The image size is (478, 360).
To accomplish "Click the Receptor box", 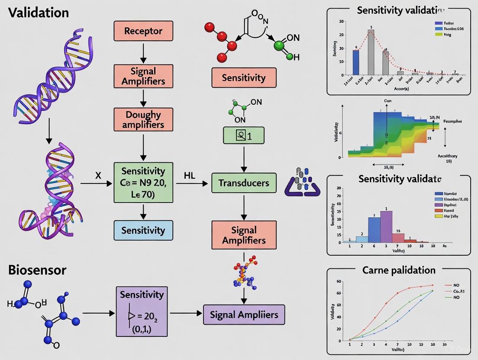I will click(143, 31).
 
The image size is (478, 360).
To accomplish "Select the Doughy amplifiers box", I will click(143, 119).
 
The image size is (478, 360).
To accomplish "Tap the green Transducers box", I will click(244, 183).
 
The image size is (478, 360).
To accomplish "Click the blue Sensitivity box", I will click(143, 230).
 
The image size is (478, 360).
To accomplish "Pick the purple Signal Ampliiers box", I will click(244, 315).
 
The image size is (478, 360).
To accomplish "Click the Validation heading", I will click(39, 13).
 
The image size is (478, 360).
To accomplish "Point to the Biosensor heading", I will click(37, 270).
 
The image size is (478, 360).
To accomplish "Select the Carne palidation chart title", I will click(398, 270).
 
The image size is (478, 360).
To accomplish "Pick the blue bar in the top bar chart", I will click(356, 62).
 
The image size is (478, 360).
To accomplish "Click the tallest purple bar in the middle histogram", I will click(386, 226).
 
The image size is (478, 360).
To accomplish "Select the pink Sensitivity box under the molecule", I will click(244, 78).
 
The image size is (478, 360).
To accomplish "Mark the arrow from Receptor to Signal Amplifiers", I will click(143, 53).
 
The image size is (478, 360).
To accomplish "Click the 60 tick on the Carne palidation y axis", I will click(339, 282).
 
